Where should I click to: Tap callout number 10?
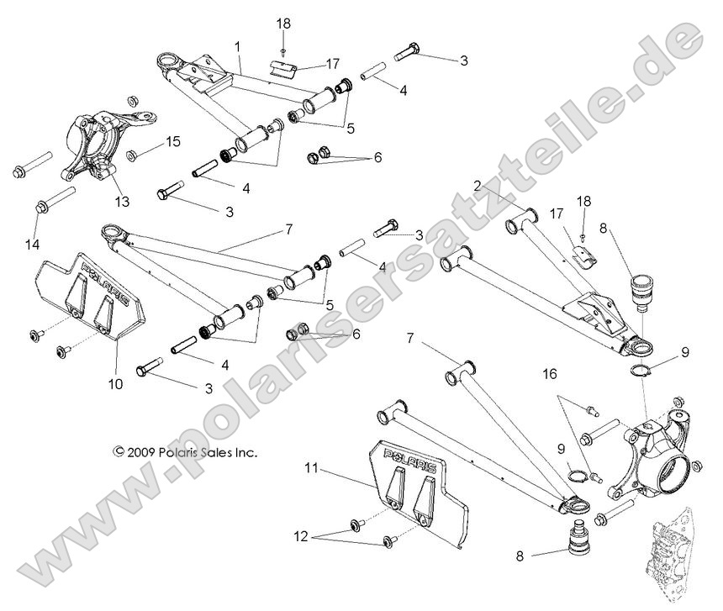click(115, 385)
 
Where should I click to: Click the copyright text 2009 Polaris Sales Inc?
click(185, 452)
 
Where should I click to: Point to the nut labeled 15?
click(133, 155)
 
